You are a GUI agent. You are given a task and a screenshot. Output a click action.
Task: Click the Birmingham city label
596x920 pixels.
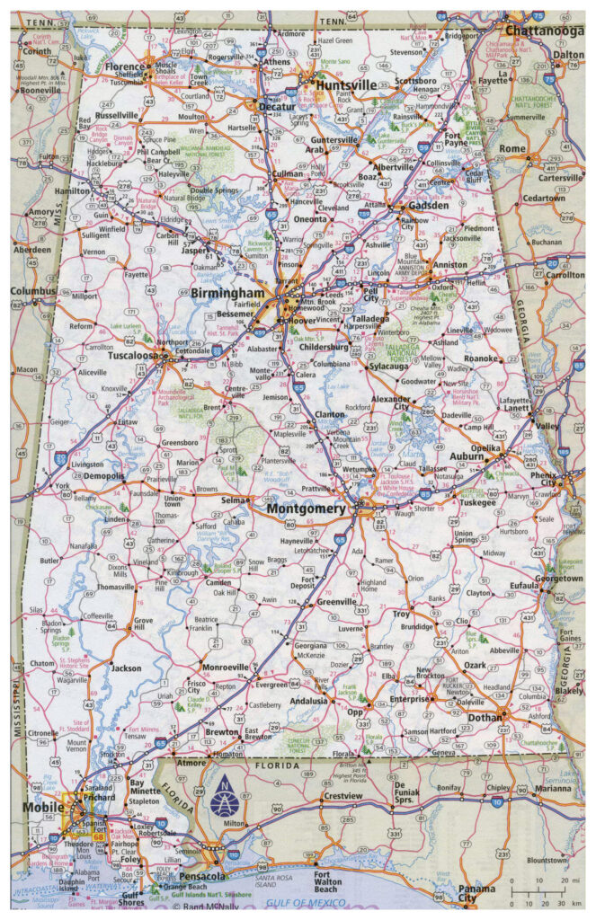click(227, 293)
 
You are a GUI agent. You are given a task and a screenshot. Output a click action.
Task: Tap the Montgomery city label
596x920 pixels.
click(307, 509)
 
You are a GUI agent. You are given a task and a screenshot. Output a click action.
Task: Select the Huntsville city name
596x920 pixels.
click(346, 85)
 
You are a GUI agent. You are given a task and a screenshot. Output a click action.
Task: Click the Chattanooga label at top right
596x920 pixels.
click(545, 30)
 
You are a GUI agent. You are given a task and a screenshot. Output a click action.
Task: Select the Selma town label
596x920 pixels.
click(235, 500)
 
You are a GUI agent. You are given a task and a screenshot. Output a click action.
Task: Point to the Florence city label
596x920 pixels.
click(125, 66)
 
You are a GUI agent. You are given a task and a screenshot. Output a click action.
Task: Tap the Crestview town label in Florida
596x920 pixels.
click(341, 796)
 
